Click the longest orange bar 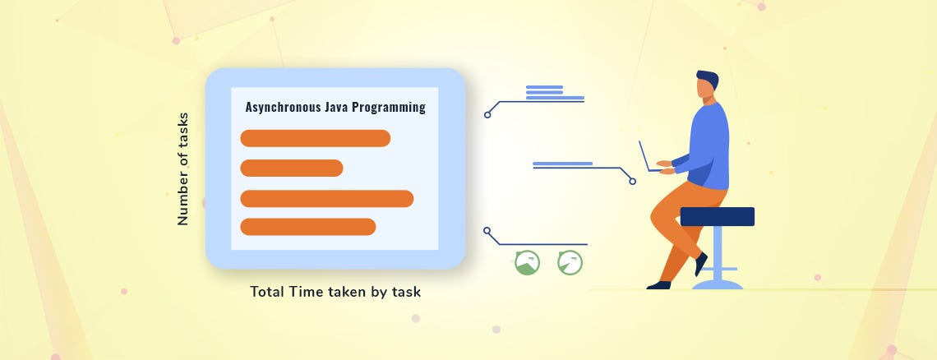click(326, 198)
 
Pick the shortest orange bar click(291, 168)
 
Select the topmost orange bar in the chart click(315, 138)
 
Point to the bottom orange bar click(307, 227)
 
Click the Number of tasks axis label click(182, 169)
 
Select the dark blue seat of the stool click(717, 216)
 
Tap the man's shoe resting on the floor click(658, 284)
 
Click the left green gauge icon click(527, 263)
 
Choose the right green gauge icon click(570, 263)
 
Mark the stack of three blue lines click(544, 92)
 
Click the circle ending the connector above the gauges click(487, 231)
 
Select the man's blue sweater click(708, 144)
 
